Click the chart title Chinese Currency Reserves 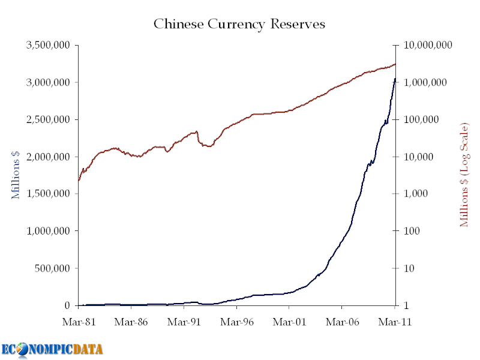click(239, 24)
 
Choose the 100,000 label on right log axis click(421, 119)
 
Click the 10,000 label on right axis click(418, 157)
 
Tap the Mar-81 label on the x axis click(79, 322)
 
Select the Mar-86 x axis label click(131, 322)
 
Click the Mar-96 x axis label click(237, 322)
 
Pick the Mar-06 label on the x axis click(343, 322)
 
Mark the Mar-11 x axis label click(394, 322)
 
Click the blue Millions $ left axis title click(16, 175)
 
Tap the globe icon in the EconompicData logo click(23, 349)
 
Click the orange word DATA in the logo click(88, 349)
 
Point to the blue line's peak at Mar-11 click(395, 79)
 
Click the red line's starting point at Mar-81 click(79, 181)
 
